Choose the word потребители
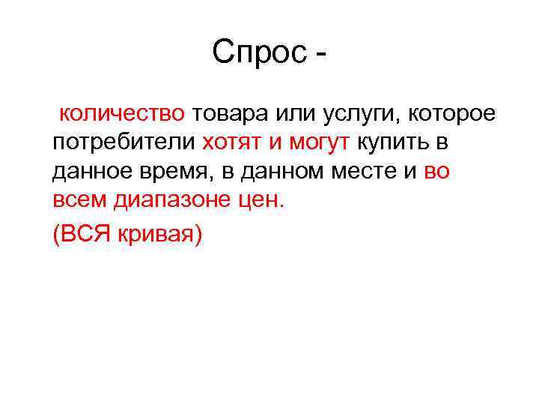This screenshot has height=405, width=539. pyautogui.click(x=124, y=142)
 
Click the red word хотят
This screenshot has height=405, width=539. pyautogui.click(x=229, y=142)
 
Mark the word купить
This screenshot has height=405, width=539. pyautogui.click(x=392, y=142)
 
